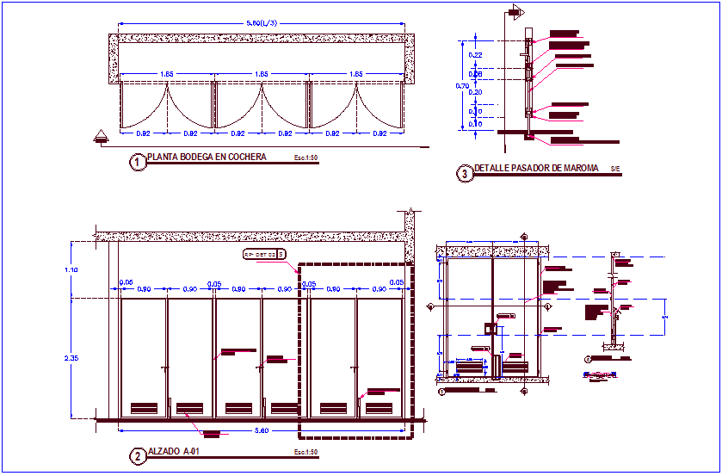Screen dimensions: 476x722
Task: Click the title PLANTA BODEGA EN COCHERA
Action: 207,158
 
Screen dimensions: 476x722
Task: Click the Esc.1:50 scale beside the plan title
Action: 305,158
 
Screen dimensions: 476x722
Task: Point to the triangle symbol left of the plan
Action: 102,134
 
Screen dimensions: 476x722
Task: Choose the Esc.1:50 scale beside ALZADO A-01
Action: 305,452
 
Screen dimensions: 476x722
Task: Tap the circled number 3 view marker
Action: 465,174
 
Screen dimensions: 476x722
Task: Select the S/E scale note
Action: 614,169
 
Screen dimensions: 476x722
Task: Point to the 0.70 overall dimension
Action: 462,86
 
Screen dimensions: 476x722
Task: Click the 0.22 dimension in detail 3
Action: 475,55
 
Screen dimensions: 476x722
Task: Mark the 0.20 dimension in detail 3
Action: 475,91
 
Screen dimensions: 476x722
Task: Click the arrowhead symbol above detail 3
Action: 516,11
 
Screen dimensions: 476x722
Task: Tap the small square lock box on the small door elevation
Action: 488,328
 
